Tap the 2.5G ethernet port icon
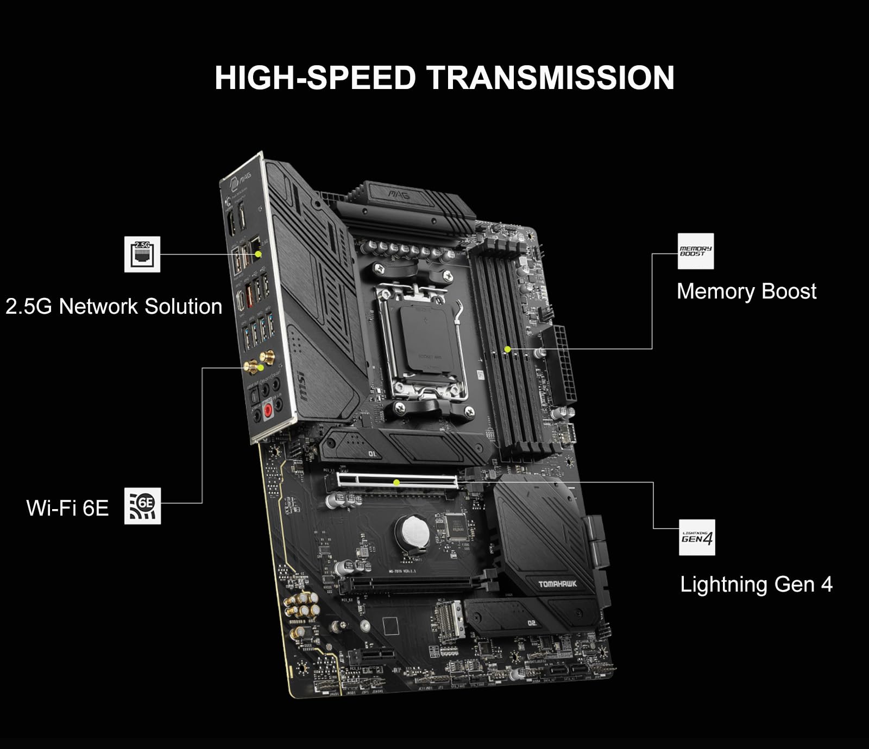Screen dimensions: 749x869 click(142, 254)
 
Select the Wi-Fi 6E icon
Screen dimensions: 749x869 click(143, 505)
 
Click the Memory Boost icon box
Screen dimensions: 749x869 click(696, 251)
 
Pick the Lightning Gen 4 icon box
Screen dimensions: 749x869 click(697, 537)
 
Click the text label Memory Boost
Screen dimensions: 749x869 click(746, 291)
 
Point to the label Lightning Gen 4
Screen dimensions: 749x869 click(756, 585)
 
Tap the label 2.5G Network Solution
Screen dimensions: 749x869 click(114, 307)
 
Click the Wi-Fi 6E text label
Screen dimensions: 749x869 click(67, 508)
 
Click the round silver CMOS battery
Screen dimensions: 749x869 click(412, 531)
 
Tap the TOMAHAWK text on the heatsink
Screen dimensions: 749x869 click(558, 584)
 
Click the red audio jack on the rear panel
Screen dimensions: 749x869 click(267, 411)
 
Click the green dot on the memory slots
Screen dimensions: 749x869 click(507, 349)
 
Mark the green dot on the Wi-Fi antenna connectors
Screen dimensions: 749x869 click(261, 367)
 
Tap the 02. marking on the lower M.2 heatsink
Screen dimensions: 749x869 click(532, 623)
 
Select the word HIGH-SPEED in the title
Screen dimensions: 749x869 click(314, 78)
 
